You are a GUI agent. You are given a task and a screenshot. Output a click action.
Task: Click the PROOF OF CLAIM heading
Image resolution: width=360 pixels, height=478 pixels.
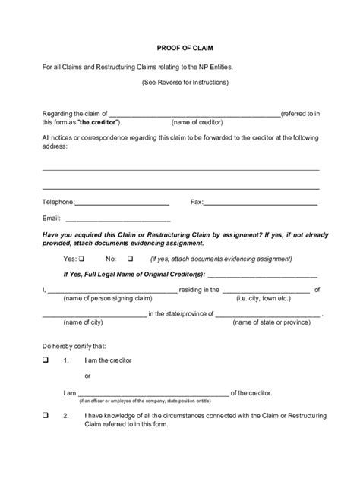point(179,47)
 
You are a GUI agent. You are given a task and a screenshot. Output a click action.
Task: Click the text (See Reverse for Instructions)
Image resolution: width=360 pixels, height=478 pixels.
point(179,81)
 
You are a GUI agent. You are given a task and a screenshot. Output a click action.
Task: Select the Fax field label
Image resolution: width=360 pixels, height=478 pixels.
point(196,202)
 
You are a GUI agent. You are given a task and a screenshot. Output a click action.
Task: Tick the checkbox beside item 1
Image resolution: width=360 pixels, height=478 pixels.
point(46,359)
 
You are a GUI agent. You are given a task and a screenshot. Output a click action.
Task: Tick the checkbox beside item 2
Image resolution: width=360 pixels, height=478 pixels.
point(46,415)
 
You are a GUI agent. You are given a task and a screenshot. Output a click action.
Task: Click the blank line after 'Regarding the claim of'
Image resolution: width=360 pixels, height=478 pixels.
point(195,113)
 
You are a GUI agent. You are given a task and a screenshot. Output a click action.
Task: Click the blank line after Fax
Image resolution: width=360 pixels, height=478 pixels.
point(261,203)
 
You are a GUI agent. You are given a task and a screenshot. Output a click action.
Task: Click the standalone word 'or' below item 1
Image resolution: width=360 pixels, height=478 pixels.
point(87,376)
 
